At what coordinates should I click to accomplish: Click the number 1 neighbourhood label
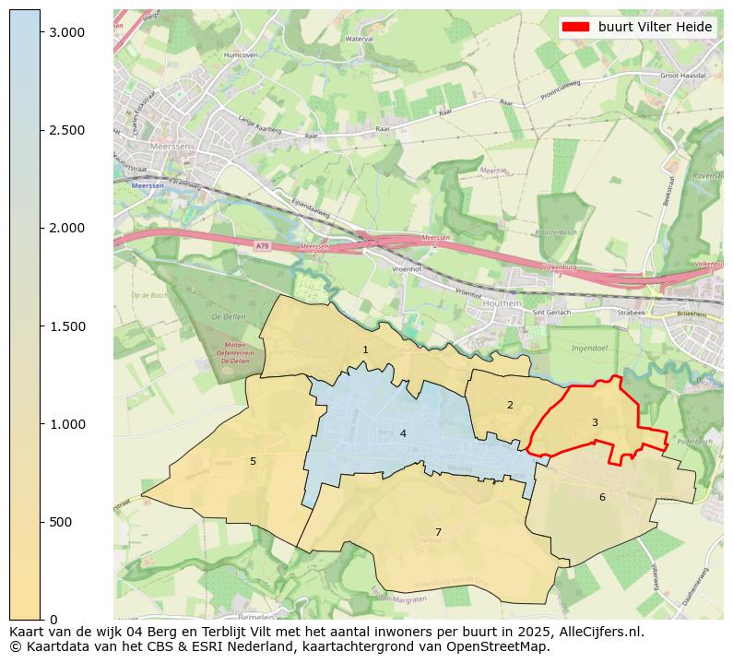(x=365, y=350)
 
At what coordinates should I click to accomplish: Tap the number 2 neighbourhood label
(x=510, y=406)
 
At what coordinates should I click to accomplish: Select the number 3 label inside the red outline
(x=595, y=423)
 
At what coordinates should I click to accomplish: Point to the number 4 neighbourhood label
(x=403, y=433)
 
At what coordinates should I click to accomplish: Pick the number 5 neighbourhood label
(x=253, y=461)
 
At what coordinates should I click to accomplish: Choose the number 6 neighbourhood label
(x=602, y=498)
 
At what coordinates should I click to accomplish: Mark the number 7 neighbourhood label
(x=438, y=532)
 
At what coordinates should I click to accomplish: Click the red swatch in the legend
(x=576, y=28)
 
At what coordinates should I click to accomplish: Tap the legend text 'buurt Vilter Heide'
(x=655, y=28)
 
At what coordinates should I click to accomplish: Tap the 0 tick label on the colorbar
(x=54, y=620)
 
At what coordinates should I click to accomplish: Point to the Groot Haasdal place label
(x=683, y=76)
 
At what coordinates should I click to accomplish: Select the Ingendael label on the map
(x=589, y=349)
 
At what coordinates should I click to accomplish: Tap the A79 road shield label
(x=262, y=245)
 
